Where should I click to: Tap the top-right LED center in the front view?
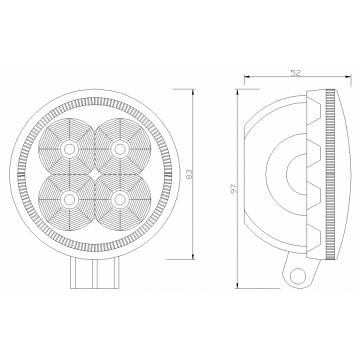pos(120,148)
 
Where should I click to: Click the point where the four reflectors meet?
pos(94,174)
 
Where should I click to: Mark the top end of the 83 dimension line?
pos(192,88)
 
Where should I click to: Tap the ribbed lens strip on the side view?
pos(325,175)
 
